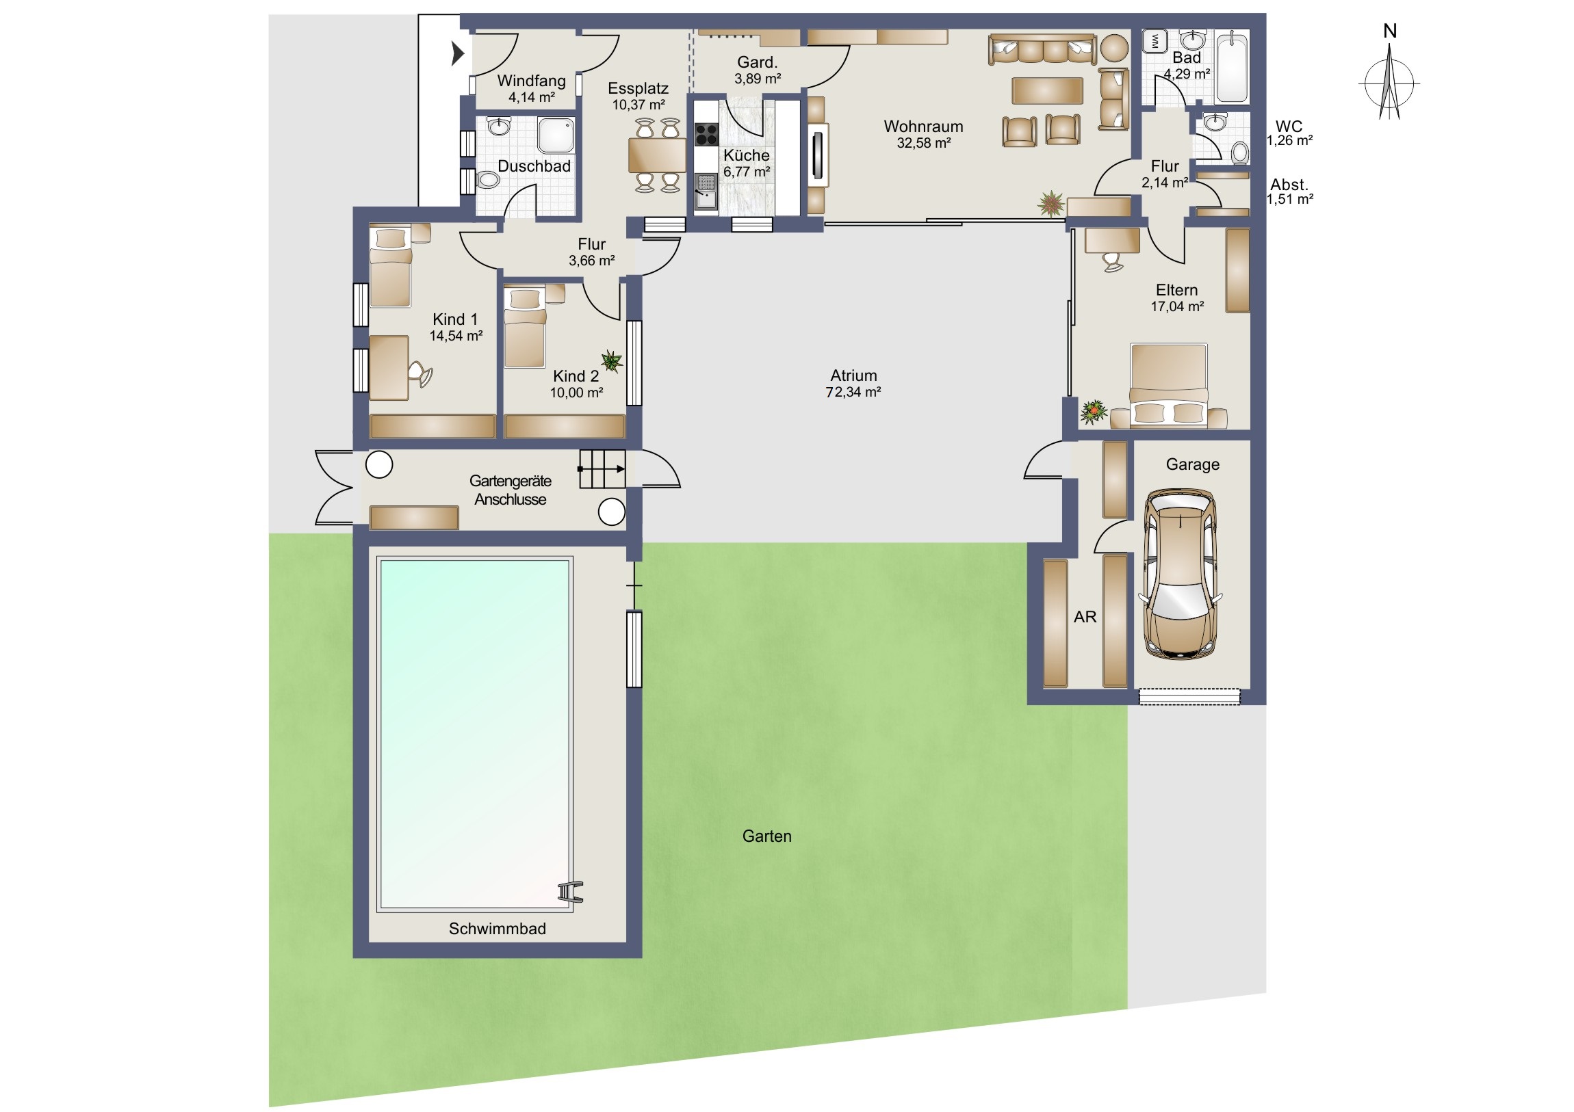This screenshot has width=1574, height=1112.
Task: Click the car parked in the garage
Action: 1180,574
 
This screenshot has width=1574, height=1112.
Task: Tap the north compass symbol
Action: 1389,81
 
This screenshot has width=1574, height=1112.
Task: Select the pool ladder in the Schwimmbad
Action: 569,891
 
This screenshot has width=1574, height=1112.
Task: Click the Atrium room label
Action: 853,375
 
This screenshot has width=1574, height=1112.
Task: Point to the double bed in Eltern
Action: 1169,386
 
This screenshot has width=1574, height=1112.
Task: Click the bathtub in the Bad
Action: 1232,66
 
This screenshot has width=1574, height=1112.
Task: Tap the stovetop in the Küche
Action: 706,134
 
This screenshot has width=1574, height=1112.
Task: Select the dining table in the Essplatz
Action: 657,155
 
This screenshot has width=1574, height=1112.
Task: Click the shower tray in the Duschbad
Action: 555,135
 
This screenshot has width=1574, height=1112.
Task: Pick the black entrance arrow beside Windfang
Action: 458,53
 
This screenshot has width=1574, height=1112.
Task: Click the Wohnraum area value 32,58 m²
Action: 923,143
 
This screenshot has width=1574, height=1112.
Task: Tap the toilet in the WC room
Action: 1239,152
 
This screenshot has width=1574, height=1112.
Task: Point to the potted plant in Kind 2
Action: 612,360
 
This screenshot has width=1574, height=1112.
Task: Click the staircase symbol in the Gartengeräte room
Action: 602,468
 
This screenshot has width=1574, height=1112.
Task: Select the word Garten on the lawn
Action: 766,836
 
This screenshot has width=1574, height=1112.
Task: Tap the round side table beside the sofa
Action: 1115,49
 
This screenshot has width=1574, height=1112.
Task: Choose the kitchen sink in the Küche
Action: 706,191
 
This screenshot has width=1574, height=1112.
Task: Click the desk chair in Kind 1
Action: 420,374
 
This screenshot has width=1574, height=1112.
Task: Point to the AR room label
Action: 1085,617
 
